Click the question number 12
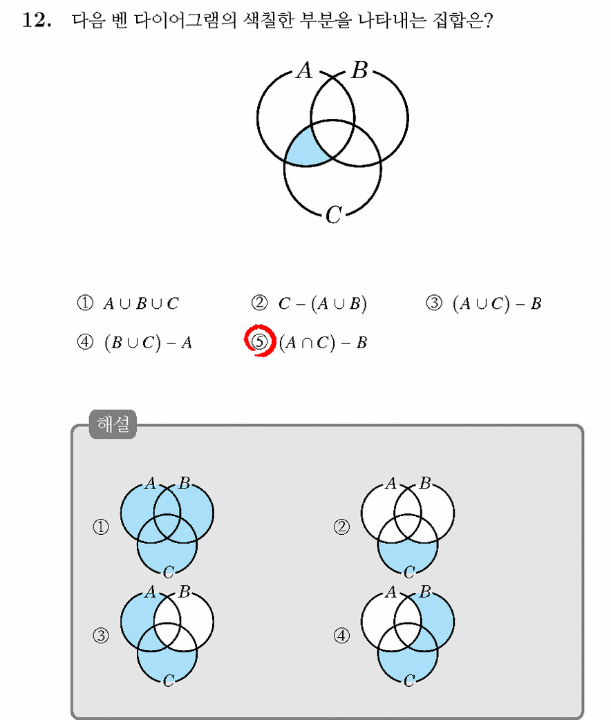37,20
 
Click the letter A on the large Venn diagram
305,70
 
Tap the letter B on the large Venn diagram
359,70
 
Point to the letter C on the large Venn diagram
334,214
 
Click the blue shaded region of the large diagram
303,148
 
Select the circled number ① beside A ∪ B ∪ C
85,303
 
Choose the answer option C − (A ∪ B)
323,303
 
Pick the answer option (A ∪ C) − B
497,303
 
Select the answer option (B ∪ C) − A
148,343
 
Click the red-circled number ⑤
260,341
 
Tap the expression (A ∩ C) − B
323,343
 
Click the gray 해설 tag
113,424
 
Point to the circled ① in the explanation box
101,527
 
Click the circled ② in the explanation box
341,527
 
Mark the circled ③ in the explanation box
101,636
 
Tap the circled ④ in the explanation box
341,636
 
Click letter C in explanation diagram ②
409,572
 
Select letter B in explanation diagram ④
425,592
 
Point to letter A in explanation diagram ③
150,592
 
